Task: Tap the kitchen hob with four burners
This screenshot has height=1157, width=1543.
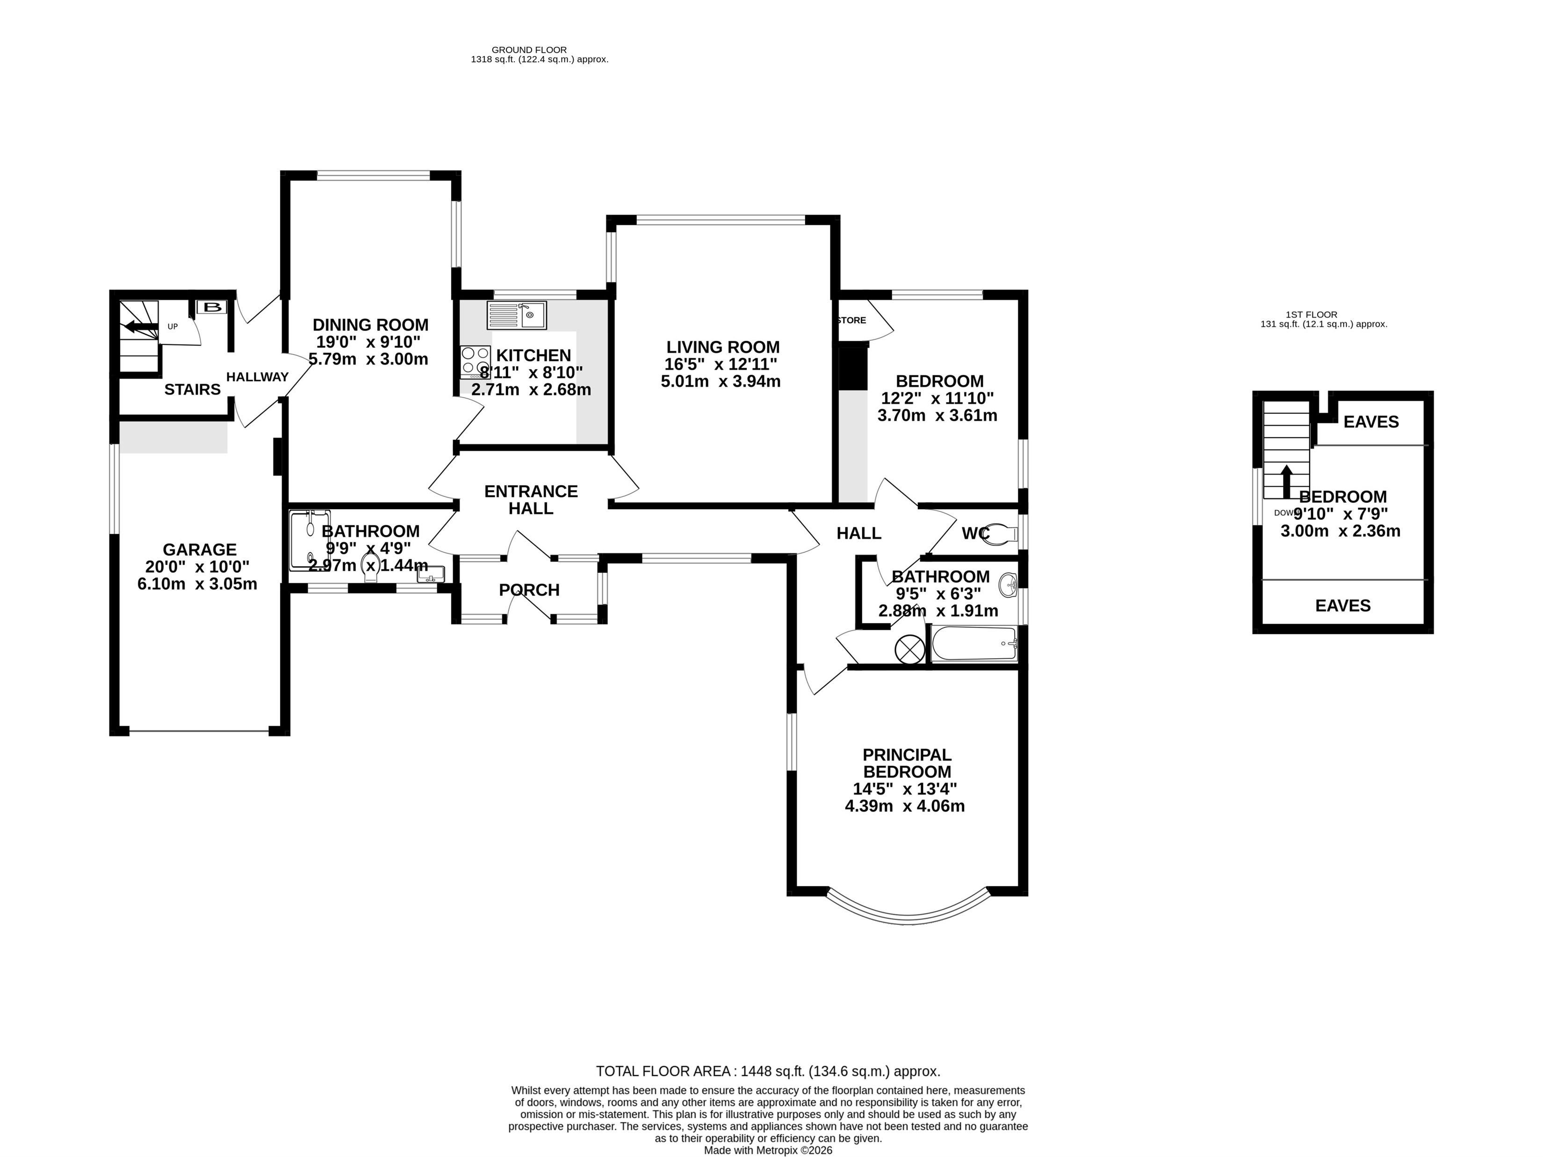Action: pyautogui.click(x=476, y=363)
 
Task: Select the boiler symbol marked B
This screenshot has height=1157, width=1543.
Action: pyautogui.click(x=211, y=307)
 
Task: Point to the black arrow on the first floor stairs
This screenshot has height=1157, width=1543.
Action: pyautogui.click(x=1286, y=481)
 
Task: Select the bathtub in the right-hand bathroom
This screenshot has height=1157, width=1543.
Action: pyautogui.click(x=974, y=643)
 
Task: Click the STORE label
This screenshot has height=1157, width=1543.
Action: pyautogui.click(x=851, y=320)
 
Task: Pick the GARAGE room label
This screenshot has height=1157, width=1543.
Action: pyautogui.click(x=200, y=550)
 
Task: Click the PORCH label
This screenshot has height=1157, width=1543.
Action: pyautogui.click(x=529, y=590)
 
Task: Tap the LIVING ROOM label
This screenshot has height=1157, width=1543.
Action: pyautogui.click(x=723, y=346)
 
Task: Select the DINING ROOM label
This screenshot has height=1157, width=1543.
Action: pyautogui.click(x=370, y=324)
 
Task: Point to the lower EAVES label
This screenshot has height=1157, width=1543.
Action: pyautogui.click(x=1343, y=605)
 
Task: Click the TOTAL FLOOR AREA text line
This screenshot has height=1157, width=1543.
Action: pyautogui.click(x=768, y=1071)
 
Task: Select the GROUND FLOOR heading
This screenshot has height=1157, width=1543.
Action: pyautogui.click(x=529, y=50)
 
